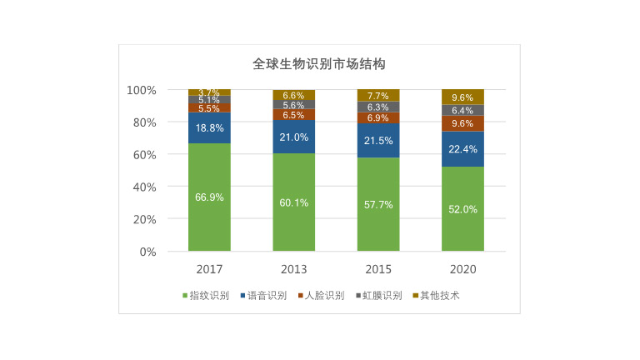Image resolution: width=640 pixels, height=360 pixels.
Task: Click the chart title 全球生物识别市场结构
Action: point(319,64)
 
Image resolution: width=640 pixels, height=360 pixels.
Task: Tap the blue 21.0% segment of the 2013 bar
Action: point(293,137)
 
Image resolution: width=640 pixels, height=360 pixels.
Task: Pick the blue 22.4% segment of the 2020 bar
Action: point(462,149)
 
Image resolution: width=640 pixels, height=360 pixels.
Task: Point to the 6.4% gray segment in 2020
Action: point(462,110)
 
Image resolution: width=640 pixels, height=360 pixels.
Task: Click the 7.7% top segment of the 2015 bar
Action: point(378,95)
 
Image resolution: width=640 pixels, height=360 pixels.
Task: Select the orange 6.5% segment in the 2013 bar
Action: point(293,115)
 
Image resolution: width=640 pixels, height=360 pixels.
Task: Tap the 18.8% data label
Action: point(209,128)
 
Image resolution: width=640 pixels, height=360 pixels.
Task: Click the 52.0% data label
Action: point(462,209)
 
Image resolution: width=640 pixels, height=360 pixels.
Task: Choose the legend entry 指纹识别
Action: point(205,295)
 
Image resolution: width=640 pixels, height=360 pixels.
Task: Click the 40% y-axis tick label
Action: point(144,187)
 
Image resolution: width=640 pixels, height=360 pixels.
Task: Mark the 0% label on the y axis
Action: point(147,252)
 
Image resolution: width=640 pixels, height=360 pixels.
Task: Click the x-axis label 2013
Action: point(293,269)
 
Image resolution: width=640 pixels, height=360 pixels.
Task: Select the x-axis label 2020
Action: point(462,269)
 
